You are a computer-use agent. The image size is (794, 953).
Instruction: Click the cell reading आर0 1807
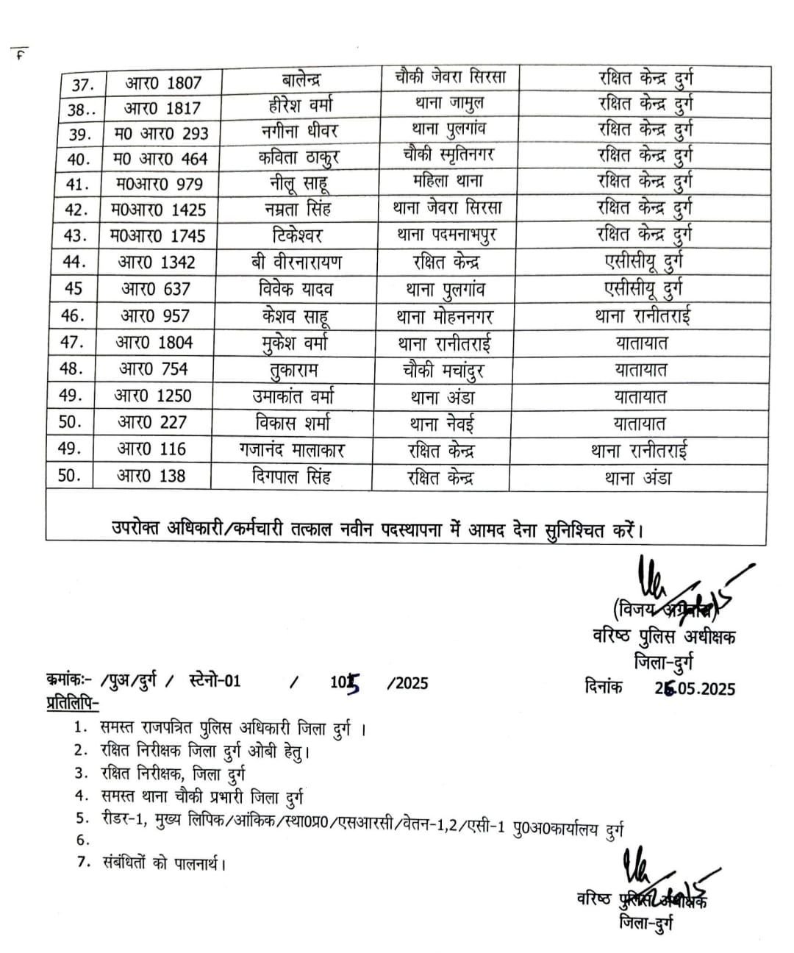click(162, 82)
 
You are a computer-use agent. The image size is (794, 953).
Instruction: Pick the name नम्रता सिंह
click(301, 209)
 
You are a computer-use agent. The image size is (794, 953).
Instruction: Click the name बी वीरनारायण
click(296, 262)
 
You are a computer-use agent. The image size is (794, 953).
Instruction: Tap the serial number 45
click(74, 288)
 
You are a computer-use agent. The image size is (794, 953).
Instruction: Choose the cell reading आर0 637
click(155, 289)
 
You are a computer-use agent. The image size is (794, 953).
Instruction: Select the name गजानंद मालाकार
click(292, 449)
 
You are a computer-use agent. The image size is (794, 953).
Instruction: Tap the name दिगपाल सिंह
click(290, 476)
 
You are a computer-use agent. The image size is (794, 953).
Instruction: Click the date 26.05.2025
click(695, 687)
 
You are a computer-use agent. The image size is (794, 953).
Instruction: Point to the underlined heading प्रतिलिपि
click(70, 704)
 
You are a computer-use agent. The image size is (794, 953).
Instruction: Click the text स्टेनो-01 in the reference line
click(214, 682)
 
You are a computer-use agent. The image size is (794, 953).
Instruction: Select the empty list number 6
click(82, 840)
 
